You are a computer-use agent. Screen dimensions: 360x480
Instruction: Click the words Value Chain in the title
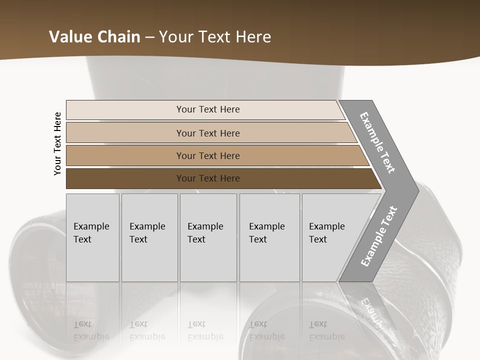(94, 36)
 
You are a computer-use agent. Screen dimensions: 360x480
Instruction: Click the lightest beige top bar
(125, 110)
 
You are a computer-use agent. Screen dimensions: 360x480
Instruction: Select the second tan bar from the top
(125, 133)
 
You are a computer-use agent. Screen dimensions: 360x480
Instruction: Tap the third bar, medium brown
(125, 155)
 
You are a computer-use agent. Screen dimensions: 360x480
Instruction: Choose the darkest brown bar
(125, 178)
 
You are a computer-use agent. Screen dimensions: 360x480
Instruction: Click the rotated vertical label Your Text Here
(57, 143)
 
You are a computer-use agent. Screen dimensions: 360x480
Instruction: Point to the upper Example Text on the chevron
(377, 142)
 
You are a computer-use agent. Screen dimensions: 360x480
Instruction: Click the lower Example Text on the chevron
(378, 236)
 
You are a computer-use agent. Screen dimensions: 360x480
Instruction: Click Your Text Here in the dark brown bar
(208, 178)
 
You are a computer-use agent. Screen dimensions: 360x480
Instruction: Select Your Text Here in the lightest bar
(208, 109)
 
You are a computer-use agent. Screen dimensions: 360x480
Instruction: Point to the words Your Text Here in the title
(215, 36)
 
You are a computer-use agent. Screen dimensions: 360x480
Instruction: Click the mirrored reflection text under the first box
(91, 330)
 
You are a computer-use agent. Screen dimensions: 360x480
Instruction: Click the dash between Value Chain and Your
(149, 37)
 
